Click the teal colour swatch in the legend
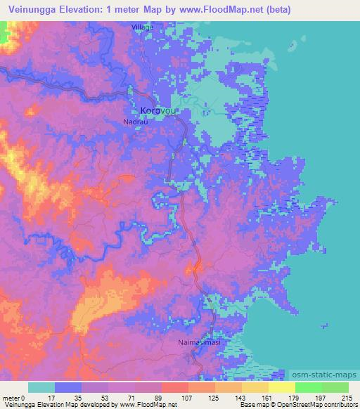pos(41,387)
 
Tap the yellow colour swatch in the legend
pos(282,387)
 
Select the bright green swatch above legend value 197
pos(308,387)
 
